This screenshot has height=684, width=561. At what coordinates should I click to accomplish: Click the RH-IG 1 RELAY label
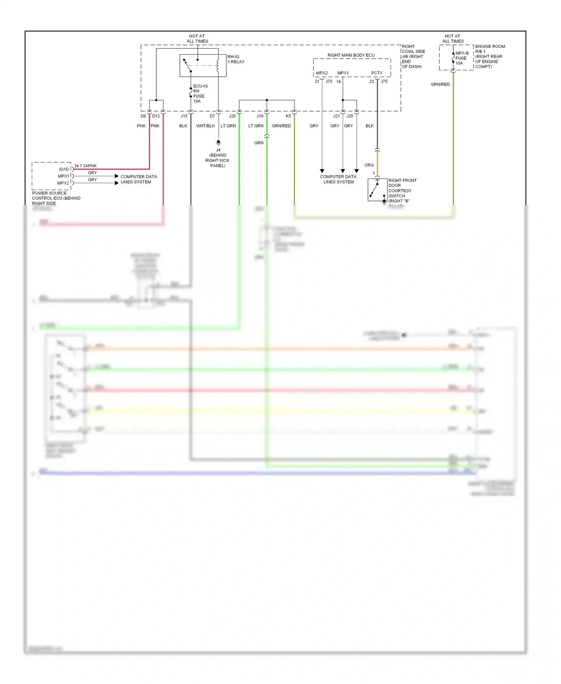[236, 59]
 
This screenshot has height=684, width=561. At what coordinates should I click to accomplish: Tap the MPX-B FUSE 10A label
[462, 58]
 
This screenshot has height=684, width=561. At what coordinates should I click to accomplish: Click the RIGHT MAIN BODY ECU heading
[351, 55]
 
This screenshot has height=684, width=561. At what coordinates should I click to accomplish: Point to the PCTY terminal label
[377, 73]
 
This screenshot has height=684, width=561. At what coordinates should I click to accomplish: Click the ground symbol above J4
[218, 143]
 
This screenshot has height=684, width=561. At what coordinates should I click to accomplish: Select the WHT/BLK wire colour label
[205, 126]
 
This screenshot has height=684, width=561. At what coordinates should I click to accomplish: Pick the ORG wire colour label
[369, 165]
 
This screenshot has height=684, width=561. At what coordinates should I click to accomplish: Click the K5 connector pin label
[288, 116]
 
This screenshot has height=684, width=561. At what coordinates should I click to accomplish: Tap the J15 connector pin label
[184, 116]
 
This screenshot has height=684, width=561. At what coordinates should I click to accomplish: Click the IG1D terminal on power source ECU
[64, 169]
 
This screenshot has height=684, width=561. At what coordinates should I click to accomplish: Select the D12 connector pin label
[156, 116]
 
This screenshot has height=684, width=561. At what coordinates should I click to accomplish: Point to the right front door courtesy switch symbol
[377, 190]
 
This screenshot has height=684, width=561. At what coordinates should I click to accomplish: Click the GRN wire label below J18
[259, 143]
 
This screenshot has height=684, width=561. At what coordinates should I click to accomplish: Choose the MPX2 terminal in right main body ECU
[322, 73]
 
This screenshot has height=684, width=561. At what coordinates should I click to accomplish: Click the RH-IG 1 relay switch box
[203, 65]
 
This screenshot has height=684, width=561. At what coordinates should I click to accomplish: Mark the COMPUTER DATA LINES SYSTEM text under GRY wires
[338, 179]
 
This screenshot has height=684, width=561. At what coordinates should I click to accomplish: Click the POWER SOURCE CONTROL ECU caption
[56, 198]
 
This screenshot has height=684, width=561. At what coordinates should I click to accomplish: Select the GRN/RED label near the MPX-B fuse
[440, 85]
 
